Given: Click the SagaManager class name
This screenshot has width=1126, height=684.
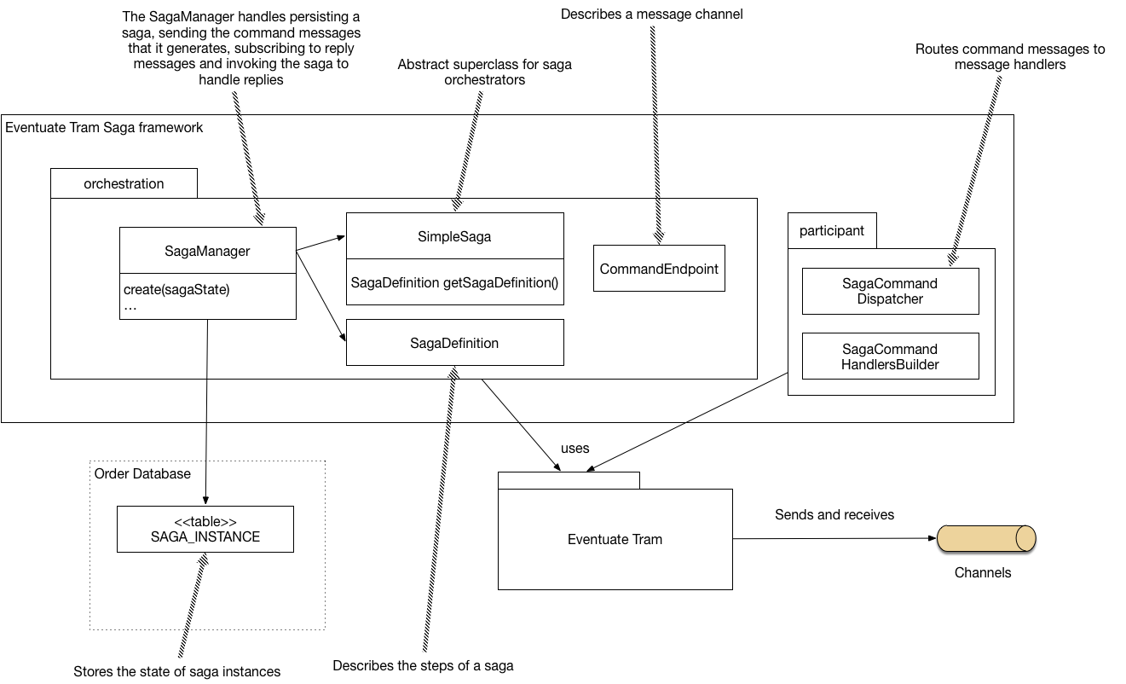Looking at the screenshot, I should (x=207, y=251).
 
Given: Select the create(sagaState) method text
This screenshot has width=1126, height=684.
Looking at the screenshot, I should (x=177, y=289).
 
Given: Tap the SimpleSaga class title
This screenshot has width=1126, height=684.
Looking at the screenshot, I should (x=454, y=236).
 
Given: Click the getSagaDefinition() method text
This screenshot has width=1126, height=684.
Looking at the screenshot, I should (x=454, y=282).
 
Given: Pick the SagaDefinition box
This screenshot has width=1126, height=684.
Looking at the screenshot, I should (x=454, y=343).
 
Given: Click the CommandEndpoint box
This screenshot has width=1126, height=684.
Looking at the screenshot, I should (x=659, y=269).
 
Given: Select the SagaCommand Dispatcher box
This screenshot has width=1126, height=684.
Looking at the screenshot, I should (x=890, y=291).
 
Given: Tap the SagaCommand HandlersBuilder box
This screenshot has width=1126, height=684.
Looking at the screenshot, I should (x=890, y=356).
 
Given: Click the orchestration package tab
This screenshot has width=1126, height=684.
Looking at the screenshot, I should (x=124, y=183).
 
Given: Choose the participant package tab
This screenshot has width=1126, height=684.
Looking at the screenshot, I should (x=831, y=230).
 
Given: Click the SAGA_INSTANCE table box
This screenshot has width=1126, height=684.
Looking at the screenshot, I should (x=205, y=529).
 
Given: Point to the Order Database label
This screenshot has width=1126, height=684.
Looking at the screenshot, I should (x=142, y=473).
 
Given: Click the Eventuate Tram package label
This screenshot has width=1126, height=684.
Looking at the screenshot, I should (x=615, y=539).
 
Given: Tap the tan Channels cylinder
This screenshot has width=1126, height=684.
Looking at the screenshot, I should (x=986, y=538).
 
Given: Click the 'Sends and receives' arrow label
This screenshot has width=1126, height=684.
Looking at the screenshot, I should (x=834, y=514).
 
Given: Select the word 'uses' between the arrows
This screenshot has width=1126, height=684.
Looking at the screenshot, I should (x=575, y=448).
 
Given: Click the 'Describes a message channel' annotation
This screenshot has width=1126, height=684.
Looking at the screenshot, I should (x=651, y=14).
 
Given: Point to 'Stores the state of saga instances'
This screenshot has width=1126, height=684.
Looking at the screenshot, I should (x=176, y=671).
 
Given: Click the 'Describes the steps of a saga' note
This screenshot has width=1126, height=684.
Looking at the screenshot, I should (x=423, y=665).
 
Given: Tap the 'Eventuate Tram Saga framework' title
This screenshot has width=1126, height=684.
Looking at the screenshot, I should (x=104, y=127).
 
